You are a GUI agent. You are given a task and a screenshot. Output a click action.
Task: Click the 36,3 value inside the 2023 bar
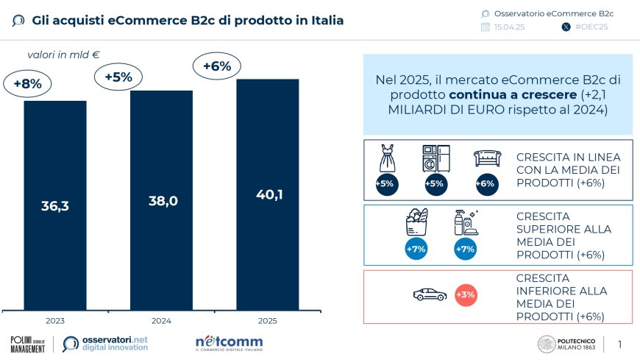tap(55, 206)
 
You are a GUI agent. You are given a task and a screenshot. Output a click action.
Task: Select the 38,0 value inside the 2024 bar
tap(161, 200)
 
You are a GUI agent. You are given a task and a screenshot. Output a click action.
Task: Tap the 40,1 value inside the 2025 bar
tap(267, 194)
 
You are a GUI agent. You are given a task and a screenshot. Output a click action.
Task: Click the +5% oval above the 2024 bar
tap(118, 77)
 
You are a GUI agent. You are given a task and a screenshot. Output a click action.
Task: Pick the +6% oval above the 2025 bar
tap(217, 66)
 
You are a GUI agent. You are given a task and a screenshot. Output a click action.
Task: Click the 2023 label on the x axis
tap(55, 321)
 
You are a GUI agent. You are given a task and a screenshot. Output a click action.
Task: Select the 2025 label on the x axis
tap(267, 321)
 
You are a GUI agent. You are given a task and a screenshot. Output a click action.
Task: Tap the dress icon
tap(388, 158)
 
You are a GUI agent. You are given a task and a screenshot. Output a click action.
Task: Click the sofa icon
tap(486, 158)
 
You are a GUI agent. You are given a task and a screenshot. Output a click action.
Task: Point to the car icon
tap(430, 294)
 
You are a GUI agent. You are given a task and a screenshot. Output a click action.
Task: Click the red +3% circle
tap(466, 295)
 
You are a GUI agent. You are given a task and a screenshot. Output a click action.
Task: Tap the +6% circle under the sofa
tap(486, 184)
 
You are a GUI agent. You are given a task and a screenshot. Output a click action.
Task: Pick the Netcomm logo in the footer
tap(229, 344)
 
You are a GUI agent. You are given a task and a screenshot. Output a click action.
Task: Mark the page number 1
tap(619, 344)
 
